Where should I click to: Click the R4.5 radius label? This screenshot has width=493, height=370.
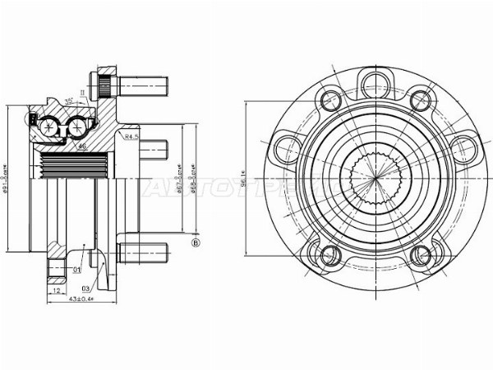coord(130,136)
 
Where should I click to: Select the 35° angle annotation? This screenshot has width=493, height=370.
coord(71,100)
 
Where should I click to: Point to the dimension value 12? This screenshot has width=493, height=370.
coord(55,291)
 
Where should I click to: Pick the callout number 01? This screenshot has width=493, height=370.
coord(76,268)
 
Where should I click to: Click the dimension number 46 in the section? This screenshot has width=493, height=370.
coord(82,146)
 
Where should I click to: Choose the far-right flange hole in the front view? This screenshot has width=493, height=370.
coord(464,150)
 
